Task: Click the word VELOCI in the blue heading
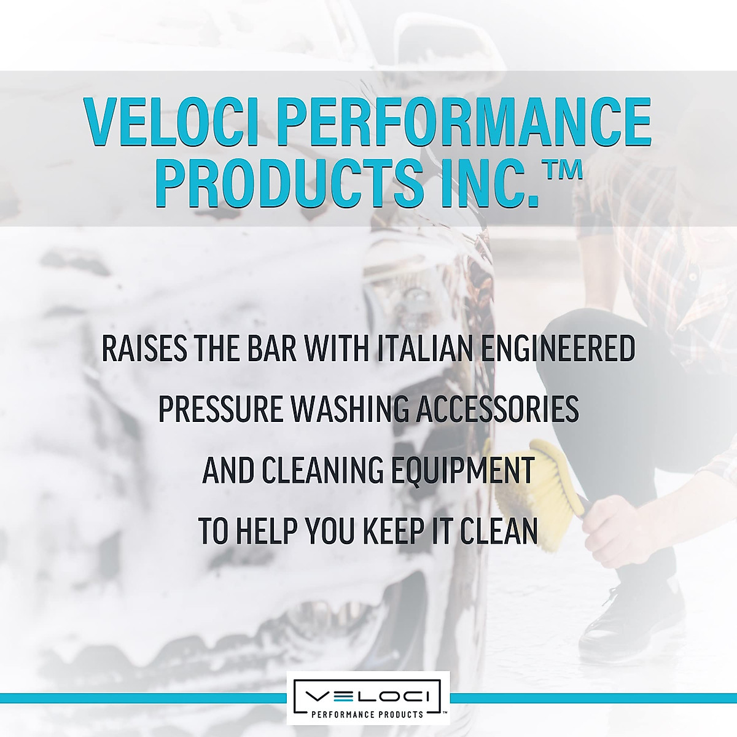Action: (171, 122)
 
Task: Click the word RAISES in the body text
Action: (144, 349)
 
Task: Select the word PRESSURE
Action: (220, 410)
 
